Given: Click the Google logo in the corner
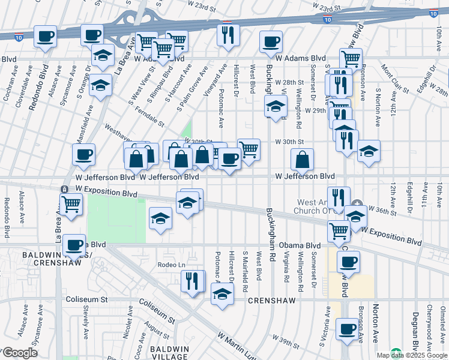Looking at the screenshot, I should tap(20, 353).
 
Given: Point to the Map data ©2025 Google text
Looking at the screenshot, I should tap(412, 355).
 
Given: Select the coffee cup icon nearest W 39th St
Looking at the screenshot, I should tap(347, 329).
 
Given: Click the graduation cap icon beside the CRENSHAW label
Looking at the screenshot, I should tap(222, 295).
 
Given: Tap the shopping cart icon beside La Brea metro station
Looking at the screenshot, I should tap(71, 204).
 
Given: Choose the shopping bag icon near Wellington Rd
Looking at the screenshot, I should tap(303, 160).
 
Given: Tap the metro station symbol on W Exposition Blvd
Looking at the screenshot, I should tap(64, 189).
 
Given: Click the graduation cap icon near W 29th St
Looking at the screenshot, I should tap(276, 107).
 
